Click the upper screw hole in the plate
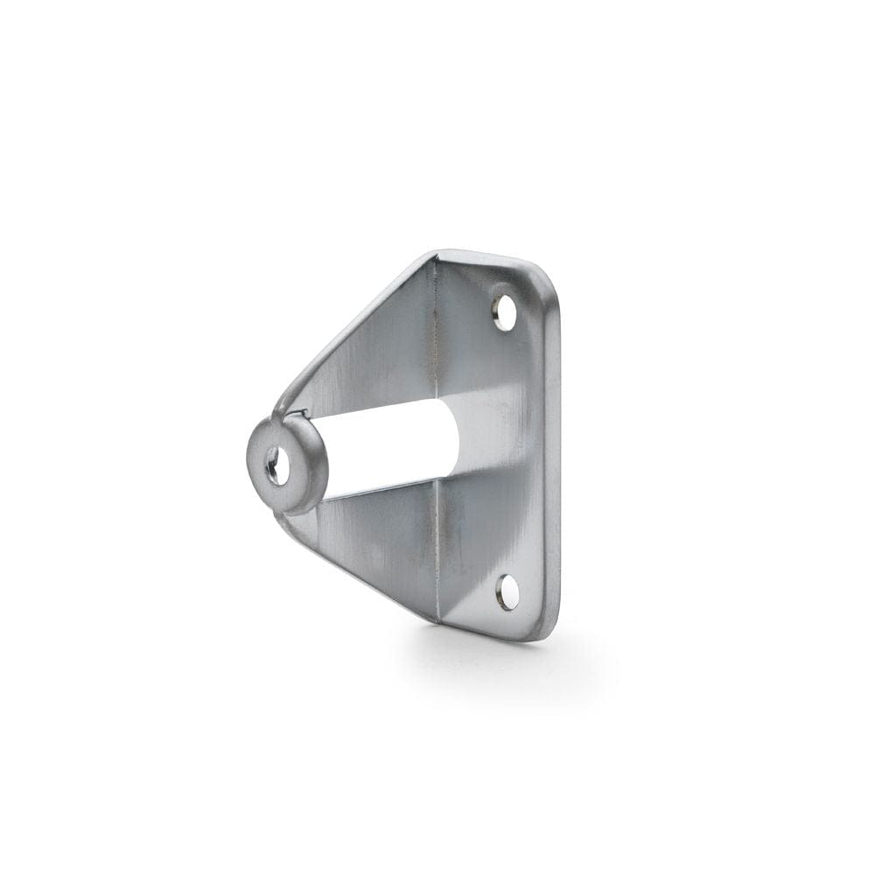pos(504,312)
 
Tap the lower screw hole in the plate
pos(507,592)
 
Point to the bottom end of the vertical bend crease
pos(437,619)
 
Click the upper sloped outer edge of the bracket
pos(350,324)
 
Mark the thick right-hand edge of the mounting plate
pos(553,455)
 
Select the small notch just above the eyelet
pos(299,413)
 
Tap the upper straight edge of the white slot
pos(385,409)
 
